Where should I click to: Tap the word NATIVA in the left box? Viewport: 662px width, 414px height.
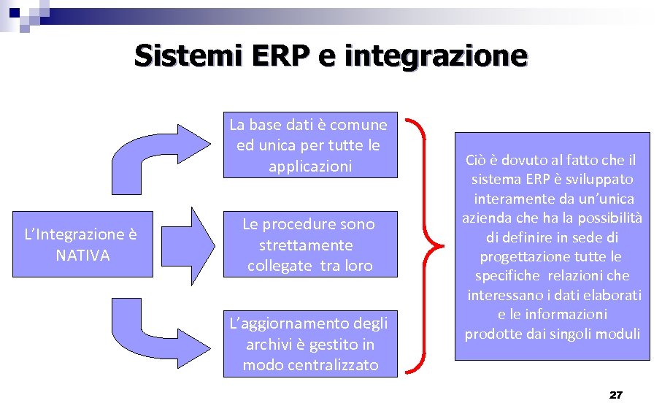[82, 256]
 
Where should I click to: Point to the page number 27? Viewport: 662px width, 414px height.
[615, 395]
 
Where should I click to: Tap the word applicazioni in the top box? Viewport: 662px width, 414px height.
[310, 166]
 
